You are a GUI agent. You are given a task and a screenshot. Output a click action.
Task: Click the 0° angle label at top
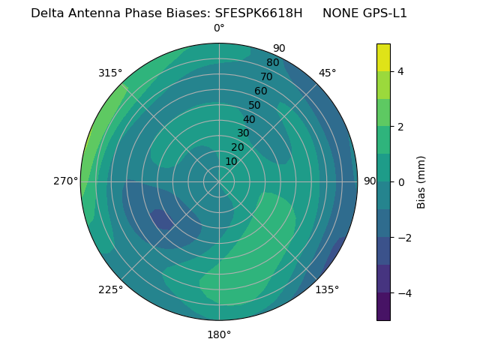point(219,28)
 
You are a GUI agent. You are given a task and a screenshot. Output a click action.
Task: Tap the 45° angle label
point(327,73)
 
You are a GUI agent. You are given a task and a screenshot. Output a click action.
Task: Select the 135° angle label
point(327,289)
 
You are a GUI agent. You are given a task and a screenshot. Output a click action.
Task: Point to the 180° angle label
point(219,334)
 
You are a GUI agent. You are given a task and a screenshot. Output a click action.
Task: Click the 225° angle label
point(110,289)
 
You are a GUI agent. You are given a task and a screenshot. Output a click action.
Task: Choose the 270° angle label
point(66,181)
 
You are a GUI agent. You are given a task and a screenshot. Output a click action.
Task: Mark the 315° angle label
point(110,73)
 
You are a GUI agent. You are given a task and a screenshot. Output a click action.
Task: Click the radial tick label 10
point(231,161)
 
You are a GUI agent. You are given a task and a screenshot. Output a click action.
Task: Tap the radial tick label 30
point(243,133)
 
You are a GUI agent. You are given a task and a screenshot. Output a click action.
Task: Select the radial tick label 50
point(255,105)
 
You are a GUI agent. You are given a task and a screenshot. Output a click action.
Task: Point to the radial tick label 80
point(272,63)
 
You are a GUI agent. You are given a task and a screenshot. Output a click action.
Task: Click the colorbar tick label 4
point(400,71)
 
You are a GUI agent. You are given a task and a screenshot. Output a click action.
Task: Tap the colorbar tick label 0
point(400,182)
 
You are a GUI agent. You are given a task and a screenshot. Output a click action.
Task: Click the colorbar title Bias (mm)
point(421,182)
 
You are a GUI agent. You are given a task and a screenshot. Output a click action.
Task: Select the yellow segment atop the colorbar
point(383,58)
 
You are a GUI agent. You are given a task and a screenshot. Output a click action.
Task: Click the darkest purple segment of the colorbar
point(383,307)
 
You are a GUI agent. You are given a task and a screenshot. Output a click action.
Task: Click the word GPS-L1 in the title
point(381,13)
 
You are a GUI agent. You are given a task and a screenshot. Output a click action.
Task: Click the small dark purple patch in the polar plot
point(162,219)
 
